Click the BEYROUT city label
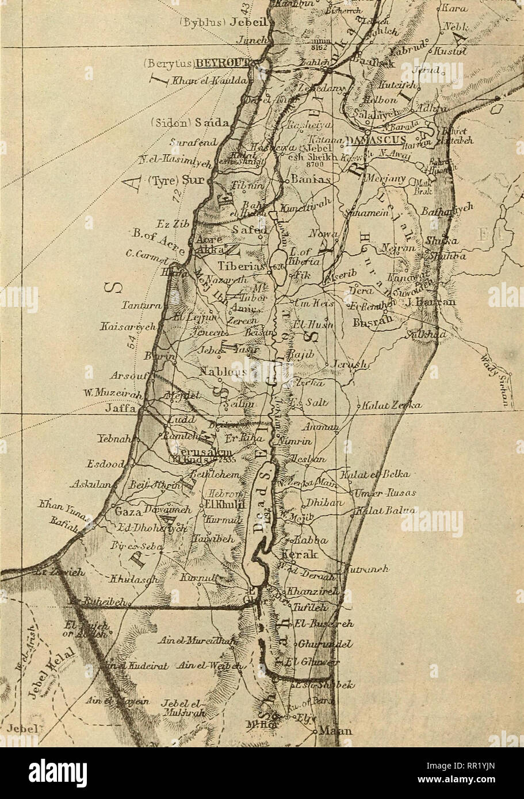point(222,63)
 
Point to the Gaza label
point(129,512)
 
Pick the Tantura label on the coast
point(136,306)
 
